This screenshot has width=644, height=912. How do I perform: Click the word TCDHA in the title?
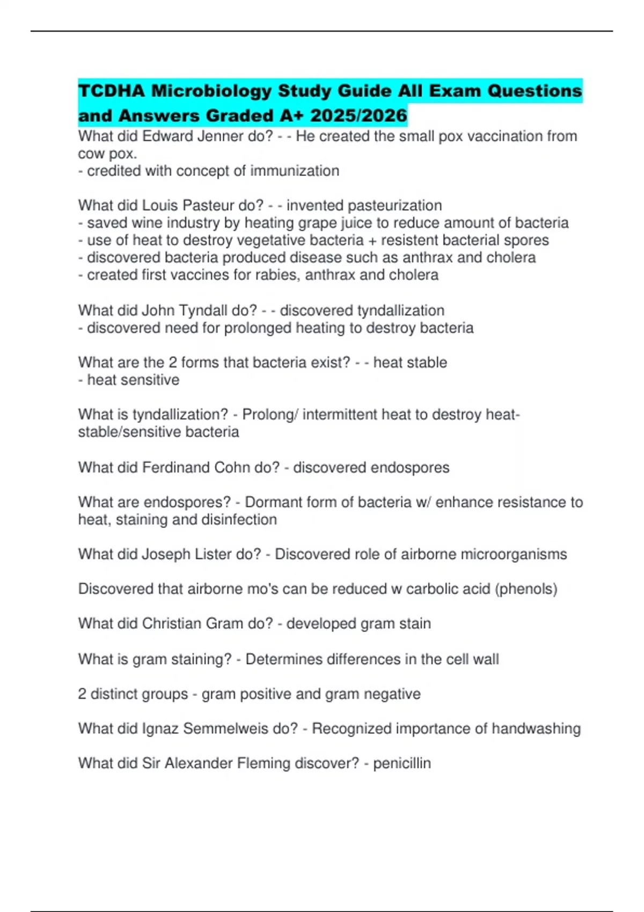112,91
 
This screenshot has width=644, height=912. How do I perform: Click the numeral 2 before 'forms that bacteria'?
173,363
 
